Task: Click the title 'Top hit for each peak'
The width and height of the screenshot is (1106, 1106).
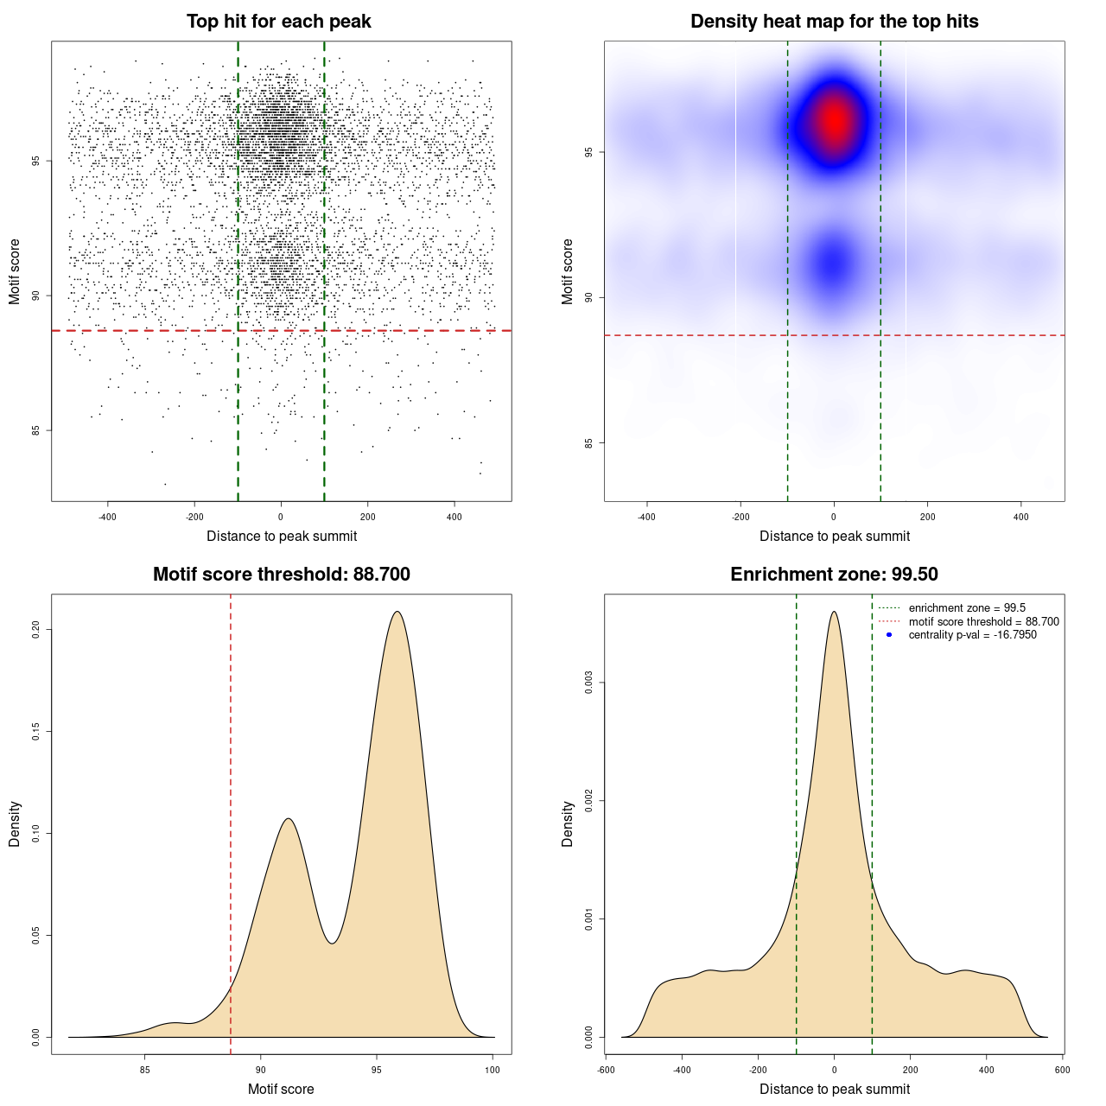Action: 279,22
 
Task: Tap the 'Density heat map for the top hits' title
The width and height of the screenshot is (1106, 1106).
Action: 835,22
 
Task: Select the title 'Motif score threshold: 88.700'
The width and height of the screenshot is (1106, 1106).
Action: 282,575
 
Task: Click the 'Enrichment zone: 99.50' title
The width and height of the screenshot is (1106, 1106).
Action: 835,575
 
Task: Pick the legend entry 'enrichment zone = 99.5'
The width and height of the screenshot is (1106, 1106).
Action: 967,608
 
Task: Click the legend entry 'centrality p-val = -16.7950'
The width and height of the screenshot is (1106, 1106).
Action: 972,635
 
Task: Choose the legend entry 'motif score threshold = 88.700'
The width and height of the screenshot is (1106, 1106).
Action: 983,622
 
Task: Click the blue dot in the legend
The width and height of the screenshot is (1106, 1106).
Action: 889,635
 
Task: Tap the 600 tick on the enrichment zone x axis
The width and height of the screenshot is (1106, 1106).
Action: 1063,1070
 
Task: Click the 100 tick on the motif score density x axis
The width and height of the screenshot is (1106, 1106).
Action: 493,1070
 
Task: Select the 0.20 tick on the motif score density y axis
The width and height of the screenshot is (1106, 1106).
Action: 35,630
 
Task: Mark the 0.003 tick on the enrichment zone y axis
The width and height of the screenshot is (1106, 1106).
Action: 588,683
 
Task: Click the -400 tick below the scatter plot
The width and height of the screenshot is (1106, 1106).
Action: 107,517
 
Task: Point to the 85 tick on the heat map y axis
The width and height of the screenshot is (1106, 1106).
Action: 588,443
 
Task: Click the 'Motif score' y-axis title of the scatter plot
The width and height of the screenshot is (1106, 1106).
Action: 15,272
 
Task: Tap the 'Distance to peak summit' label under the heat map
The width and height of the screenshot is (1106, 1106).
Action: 835,537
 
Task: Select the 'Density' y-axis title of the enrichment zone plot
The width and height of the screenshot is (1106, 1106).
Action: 568,823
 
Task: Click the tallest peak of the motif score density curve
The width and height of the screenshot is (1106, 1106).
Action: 397,612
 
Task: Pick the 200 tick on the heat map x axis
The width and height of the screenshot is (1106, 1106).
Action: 927,517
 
